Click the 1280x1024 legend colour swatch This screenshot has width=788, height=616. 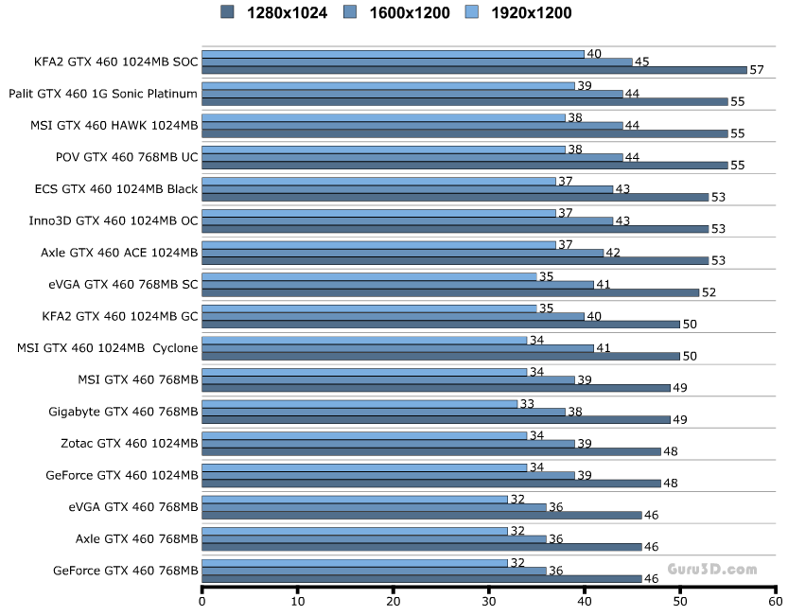pos(227,12)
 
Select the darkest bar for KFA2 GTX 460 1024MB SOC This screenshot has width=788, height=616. pos(474,70)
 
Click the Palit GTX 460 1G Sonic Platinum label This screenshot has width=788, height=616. pos(103,93)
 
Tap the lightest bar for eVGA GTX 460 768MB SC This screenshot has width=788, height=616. pos(369,276)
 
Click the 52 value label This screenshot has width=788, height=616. pos(709,292)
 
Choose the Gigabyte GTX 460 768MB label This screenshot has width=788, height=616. pos(123,411)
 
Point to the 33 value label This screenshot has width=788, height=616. pos(527,404)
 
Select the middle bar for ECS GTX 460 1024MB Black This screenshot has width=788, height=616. pos(407,189)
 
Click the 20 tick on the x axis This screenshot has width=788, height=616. pos(394,599)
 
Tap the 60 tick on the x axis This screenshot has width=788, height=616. pos(775,599)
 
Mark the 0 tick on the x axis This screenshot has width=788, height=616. pos(202,599)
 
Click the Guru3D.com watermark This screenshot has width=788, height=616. pos(712,569)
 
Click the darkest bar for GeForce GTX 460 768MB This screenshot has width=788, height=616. pos(422,578)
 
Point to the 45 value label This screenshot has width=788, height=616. pos(641,62)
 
